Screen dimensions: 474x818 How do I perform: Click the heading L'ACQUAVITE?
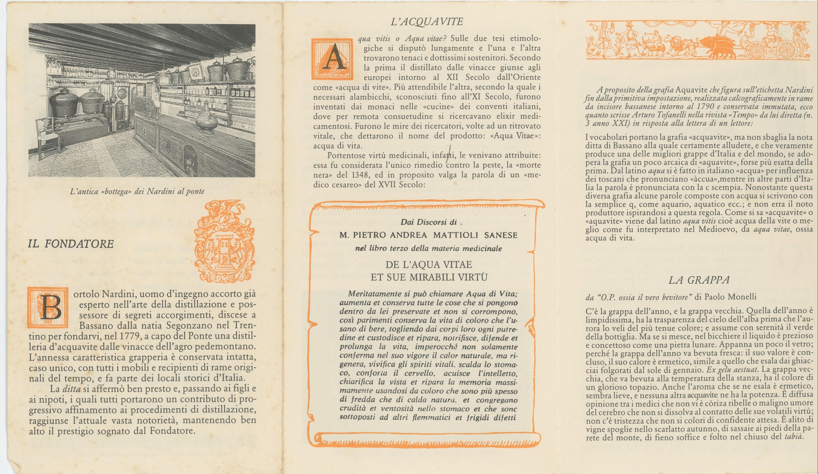[x=427, y=22]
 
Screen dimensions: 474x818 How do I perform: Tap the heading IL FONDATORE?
[x=71, y=244]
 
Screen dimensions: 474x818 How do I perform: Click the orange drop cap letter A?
[x=332, y=59]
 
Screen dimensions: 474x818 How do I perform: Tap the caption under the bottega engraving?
[x=137, y=191]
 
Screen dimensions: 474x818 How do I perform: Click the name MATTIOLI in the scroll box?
[x=455, y=235]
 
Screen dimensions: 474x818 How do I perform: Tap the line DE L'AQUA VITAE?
[x=428, y=265]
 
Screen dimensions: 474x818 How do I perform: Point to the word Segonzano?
[x=187, y=325]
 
